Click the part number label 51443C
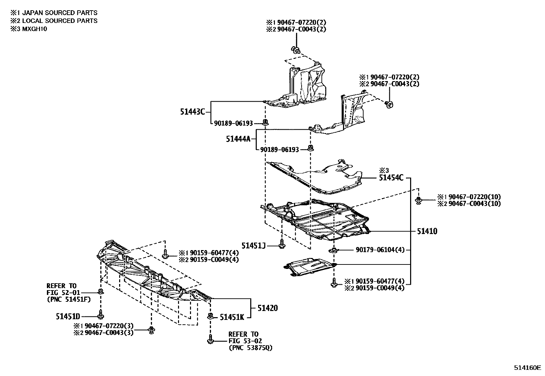pos(192,112)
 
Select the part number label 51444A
pos(238,139)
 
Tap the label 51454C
pos(391,178)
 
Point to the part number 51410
pos(427,231)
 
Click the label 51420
pos(268,308)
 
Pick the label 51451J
pos(253,246)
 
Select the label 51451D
pos(68,316)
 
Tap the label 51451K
pos(232,317)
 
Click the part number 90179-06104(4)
pos(380,250)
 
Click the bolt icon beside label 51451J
pos(282,244)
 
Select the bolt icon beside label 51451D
pos(101,314)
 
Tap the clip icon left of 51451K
pos(211,316)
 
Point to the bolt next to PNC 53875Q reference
pos(211,339)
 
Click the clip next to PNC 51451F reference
pos(101,291)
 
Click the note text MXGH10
pos(35,29)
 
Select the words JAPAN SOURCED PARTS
pos(60,13)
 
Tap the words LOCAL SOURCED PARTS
pos(60,21)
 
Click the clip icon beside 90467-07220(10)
pos(418,200)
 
